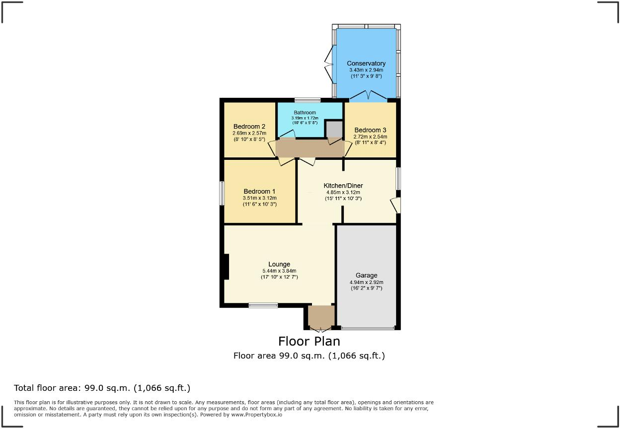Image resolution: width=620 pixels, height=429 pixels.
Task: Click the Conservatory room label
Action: (366, 63)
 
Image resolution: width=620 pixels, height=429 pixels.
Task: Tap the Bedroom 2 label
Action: (249, 126)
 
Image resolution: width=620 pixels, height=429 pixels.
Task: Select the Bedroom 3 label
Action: (370, 130)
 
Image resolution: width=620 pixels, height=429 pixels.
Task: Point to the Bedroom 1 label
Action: (259, 191)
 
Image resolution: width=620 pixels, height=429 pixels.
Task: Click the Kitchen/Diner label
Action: (343, 186)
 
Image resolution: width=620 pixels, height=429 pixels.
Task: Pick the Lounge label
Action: (279, 264)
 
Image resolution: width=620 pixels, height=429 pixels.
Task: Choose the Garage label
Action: (366, 275)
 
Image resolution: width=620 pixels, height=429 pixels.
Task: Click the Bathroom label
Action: (304, 113)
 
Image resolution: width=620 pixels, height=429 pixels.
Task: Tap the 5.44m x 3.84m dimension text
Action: (279, 271)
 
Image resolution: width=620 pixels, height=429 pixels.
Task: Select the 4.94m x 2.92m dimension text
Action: (366, 282)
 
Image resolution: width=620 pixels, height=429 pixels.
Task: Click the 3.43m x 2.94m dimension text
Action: (366, 70)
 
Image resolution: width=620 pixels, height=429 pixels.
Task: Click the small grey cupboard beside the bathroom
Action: (334, 129)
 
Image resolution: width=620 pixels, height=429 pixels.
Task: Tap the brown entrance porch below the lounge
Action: (320, 316)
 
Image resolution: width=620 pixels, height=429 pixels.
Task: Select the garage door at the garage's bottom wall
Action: (368, 328)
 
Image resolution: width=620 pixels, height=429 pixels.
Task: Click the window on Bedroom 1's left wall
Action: (222, 193)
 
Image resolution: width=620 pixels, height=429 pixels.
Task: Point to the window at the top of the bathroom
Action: (307, 100)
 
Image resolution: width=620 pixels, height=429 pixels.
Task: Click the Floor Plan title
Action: (309, 341)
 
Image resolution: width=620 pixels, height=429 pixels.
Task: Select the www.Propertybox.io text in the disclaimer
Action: (257, 414)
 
